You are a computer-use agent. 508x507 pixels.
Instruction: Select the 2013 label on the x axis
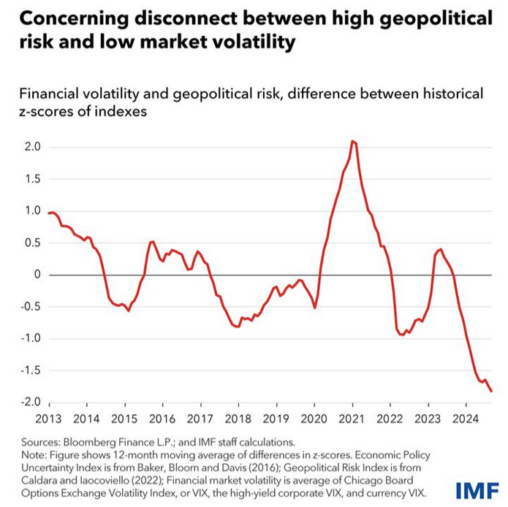[x=49, y=419]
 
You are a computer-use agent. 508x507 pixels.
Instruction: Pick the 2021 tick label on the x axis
[x=352, y=419]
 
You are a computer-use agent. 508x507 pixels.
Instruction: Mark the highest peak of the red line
[x=352, y=141]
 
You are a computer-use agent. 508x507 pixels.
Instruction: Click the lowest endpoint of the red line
[x=491, y=392]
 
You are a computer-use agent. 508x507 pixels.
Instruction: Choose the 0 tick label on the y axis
[x=36, y=275]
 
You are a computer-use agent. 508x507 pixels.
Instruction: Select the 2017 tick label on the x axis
[x=200, y=419]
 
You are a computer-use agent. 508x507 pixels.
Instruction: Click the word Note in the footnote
[x=34, y=454]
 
